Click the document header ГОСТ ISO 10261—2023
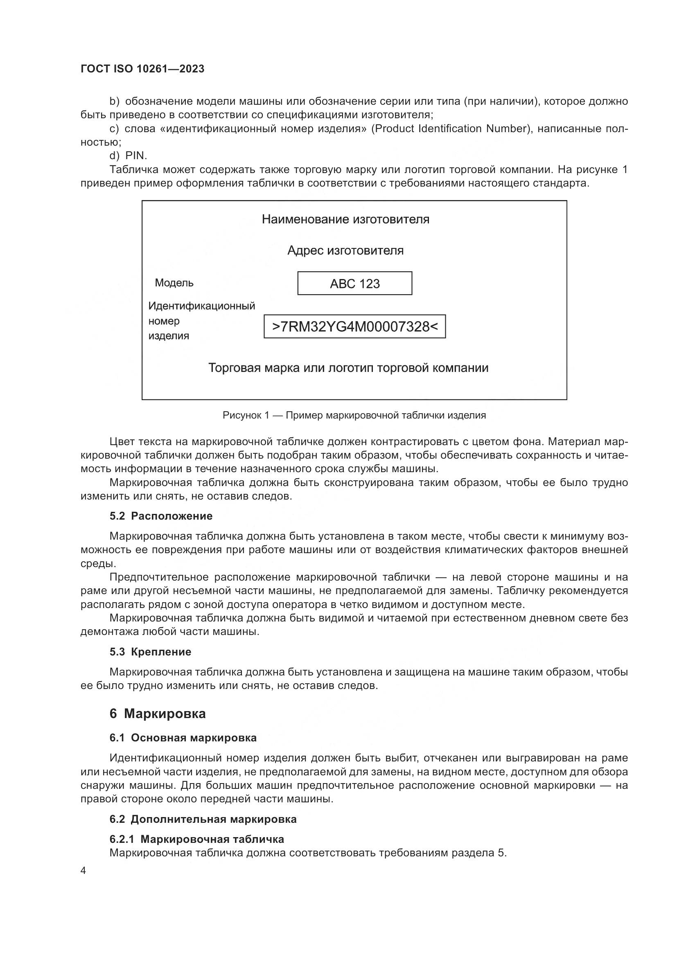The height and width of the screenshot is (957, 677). pos(142,69)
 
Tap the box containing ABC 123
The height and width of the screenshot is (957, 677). pos(354,284)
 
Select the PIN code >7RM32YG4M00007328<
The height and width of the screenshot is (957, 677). pos(354,327)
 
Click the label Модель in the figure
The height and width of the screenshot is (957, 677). pos(174,283)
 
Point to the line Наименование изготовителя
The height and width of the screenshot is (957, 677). pos(345,219)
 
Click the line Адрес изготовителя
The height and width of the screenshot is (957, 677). pos(345,250)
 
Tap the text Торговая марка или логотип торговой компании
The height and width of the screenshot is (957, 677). pos(348,368)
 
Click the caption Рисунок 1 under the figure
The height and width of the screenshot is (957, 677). pos(354,415)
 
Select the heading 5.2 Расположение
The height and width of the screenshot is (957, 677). pos(161,516)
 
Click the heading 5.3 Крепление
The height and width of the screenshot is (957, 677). pos(150,652)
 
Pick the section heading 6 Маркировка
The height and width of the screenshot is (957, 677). pos(157,714)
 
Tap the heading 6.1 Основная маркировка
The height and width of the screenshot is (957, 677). pos(183,738)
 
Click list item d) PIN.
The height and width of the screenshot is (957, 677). pos(129,156)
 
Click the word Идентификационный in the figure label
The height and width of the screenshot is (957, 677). pos(201,306)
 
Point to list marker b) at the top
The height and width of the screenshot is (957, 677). pos(114,101)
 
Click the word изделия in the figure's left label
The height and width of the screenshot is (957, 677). pos(168,336)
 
